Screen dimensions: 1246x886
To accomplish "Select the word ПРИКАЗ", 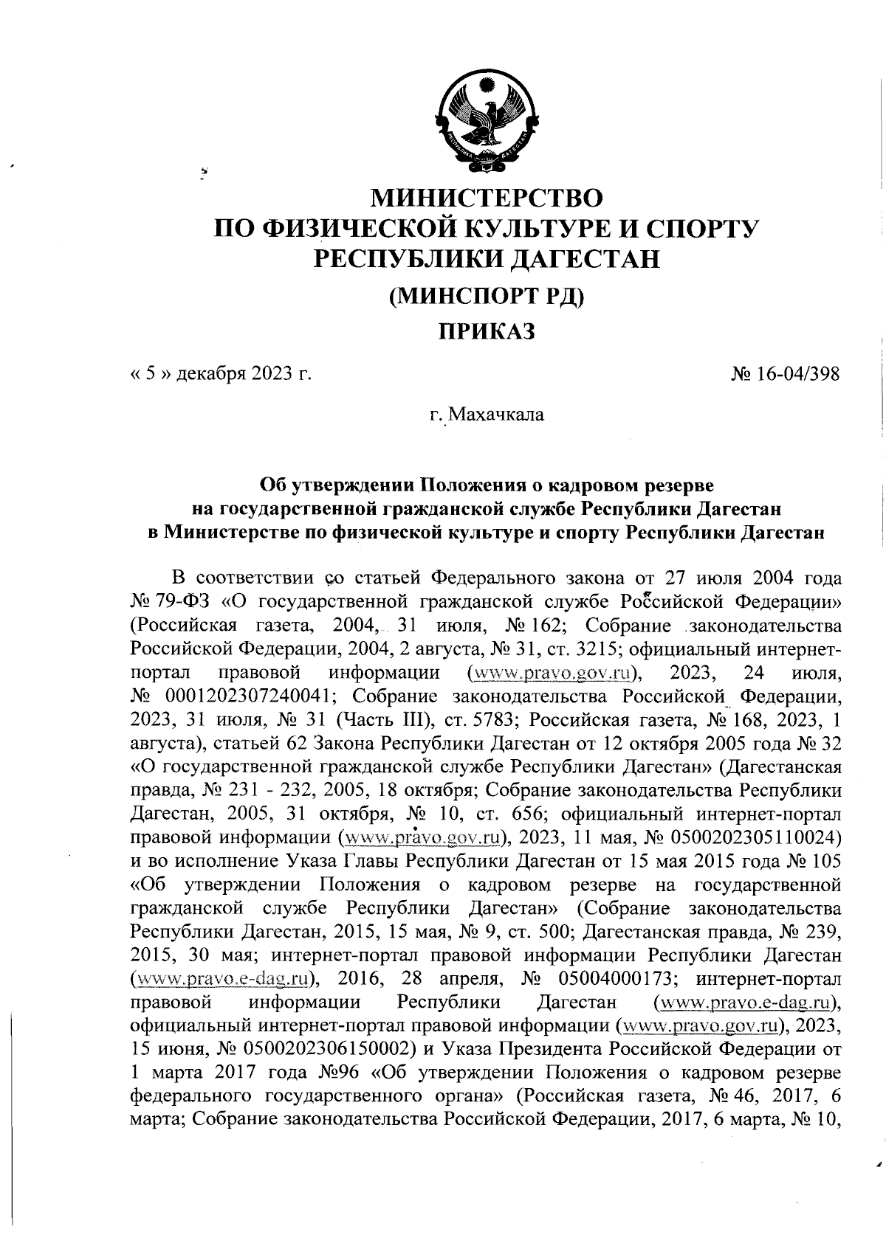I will click(x=486, y=332).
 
